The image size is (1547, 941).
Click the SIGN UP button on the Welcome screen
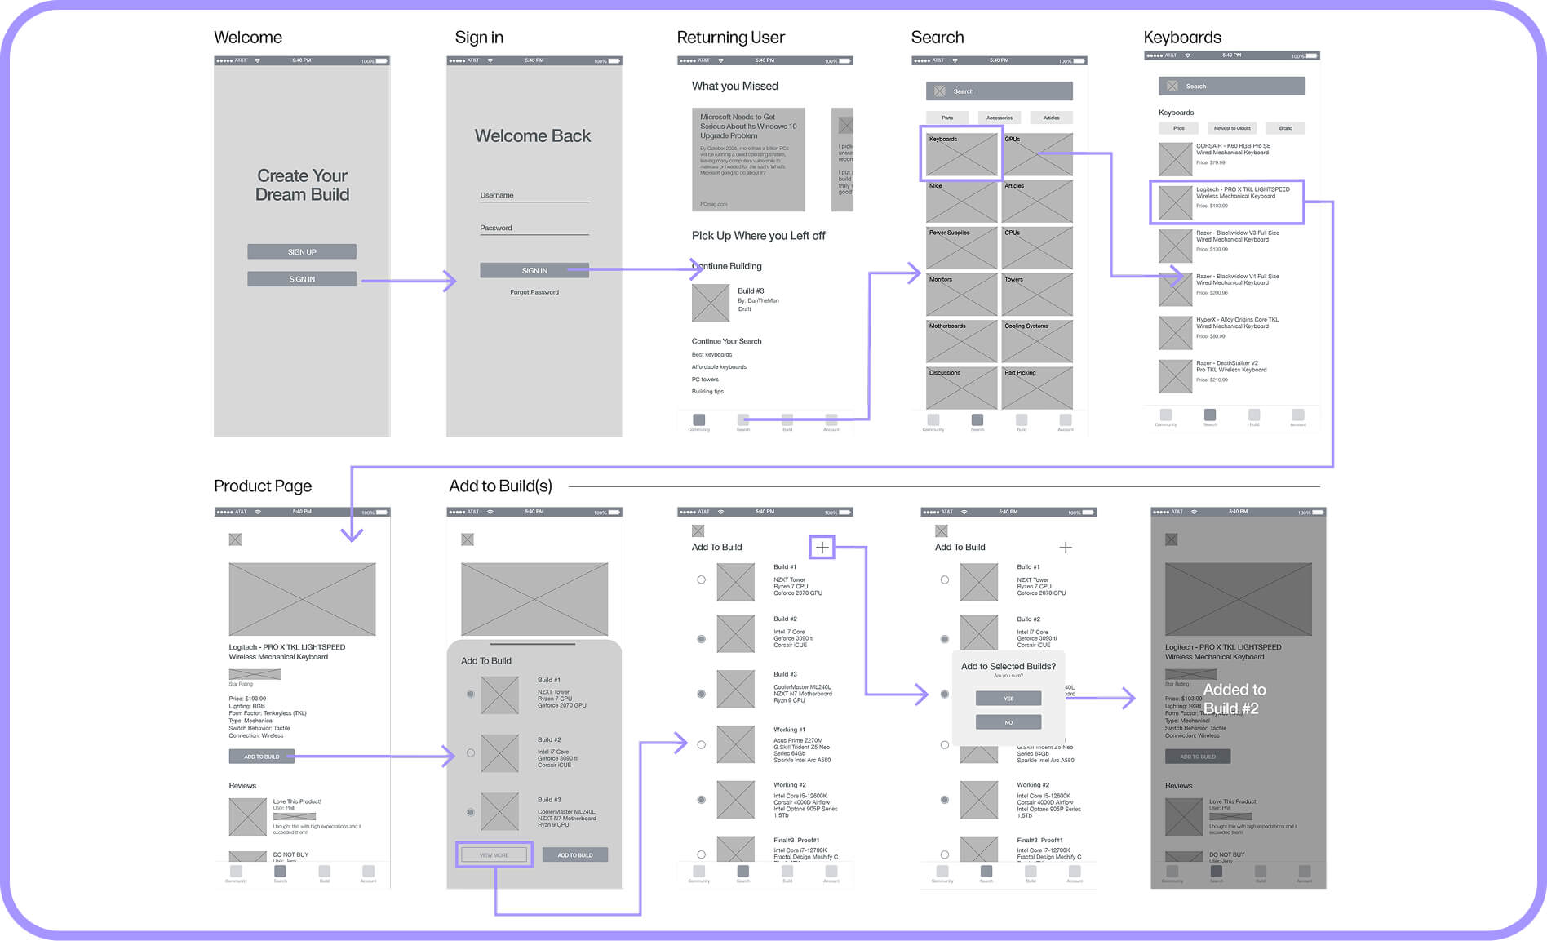[x=302, y=252]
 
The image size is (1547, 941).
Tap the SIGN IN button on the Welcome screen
[x=302, y=279]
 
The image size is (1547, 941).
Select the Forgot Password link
[x=534, y=292]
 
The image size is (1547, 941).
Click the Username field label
[x=497, y=195]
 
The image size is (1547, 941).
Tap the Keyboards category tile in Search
[x=961, y=153]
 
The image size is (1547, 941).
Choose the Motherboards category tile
[x=961, y=340]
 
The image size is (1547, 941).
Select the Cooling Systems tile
[x=1037, y=340]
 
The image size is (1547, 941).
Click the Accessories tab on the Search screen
[x=1000, y=118]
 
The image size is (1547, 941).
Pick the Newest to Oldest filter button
[x=1232, y=128]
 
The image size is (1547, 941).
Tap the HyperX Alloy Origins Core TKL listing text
[x=1237, y=322]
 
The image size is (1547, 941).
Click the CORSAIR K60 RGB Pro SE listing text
[x=1233, y=149]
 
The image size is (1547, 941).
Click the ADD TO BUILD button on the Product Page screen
[x=262, y=757]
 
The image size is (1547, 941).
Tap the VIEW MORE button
[x=494, y=855]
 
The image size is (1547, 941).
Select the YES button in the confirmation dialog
[x=1008, y=699]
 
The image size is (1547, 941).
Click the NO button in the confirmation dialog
[x=1008, y=722]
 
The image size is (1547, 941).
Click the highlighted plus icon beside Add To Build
[x=822, y=548]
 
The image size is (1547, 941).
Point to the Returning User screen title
[x=730, y=38]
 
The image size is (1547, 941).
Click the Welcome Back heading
[x=533, y=136]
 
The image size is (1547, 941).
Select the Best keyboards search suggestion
[x=711, y=354]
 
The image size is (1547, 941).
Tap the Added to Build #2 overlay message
[x=1234, y=699]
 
